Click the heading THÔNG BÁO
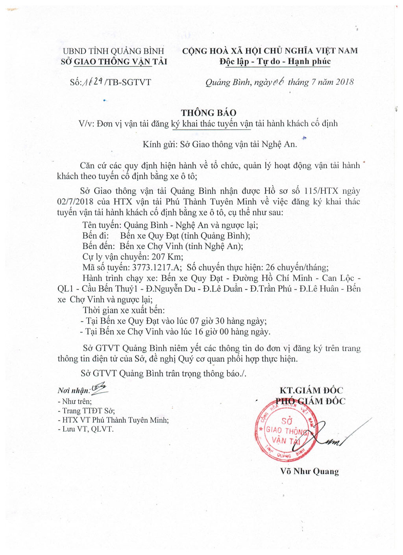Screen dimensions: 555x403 pyautogui.click(x=209, y=113)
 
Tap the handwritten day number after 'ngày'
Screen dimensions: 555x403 pyautogui.click(x=278, y=82)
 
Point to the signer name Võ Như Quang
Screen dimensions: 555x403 pyautogui.click(x=309, y=471)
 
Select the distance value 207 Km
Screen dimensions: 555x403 pyautogui.click(x=167, y=257)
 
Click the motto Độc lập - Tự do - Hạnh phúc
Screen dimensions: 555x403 pyautogui.click(x=275, y=61)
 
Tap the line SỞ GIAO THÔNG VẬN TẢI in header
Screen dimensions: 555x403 pyautogui.click(x=114, y=61)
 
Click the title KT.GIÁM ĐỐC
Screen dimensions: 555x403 pyautogui.click(x=311, y=391)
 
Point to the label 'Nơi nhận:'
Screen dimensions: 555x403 pyautogui.click(x=74, y=391)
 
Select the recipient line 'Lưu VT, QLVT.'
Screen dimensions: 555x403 pyautogui.click(x=88, y=429)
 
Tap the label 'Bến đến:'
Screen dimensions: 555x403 pyautogui.click(x=98, y=246)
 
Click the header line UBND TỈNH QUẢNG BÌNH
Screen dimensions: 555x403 pyautogui.click(x=113, y=51)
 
